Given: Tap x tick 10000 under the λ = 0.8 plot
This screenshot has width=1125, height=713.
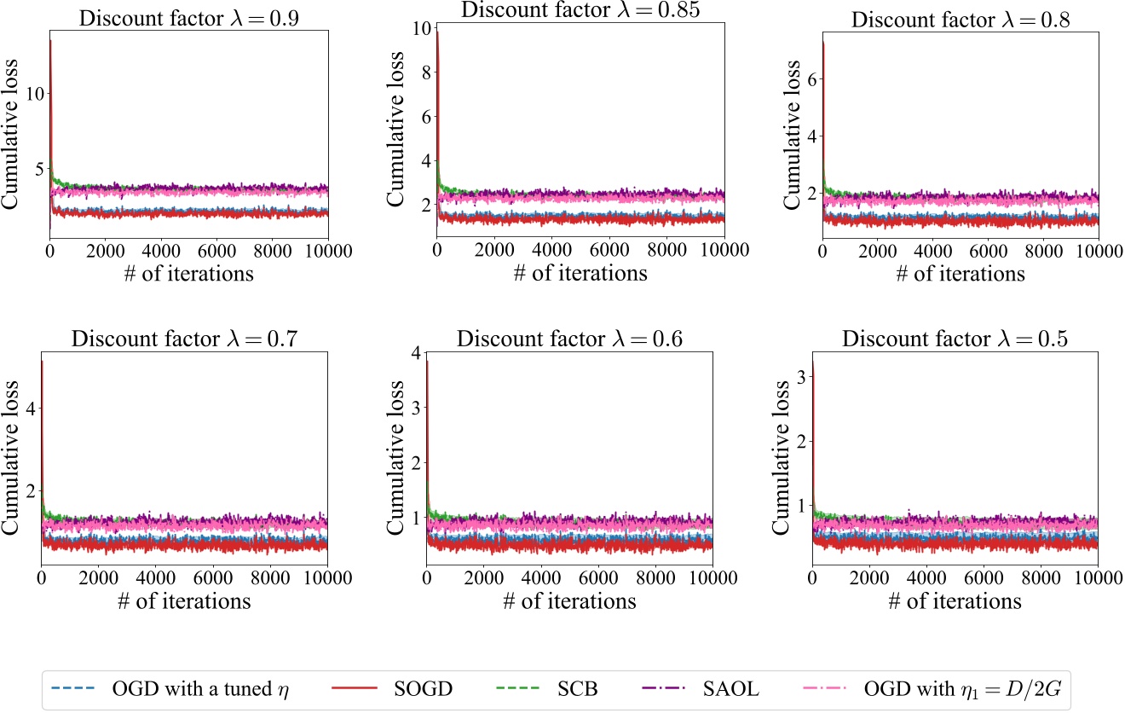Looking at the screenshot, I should point(1099,252).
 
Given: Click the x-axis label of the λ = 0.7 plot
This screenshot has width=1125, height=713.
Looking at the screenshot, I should point(184,601).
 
